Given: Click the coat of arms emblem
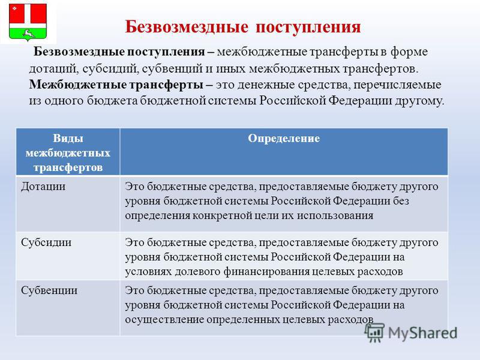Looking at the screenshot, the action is pyautogui.click(x=28, y=22).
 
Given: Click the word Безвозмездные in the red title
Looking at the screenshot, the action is pyautogui.click(x=187, y=27).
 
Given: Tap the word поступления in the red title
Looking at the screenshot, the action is pyautogui.click(x=308, y=28).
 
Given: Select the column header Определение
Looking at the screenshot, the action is pyautogui.click(x=284, y=139).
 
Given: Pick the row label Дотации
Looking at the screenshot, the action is pyautogui.click(x=43, y=187).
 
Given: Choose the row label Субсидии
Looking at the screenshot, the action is pyautogui.click(x=46, y=242).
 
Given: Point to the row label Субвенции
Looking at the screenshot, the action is pyautogui.click(x=49, y=290).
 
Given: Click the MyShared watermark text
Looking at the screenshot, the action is pyautogui.click(x=423, y=333).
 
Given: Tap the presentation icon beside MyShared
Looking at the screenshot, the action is pyautogui.click(x=374, y=332).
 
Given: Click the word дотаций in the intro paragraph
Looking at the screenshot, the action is pyautogui.click(x=54, y=68).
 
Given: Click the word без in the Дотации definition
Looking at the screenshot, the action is pyautogui.click(x=401, y=201).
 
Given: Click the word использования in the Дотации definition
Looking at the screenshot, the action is pyautogui.click(x=335, y=216).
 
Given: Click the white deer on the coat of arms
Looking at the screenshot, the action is pyautogui.click(x=28, y=34).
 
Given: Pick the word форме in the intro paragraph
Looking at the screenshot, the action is pyautogui.click(x=409, y=52).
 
